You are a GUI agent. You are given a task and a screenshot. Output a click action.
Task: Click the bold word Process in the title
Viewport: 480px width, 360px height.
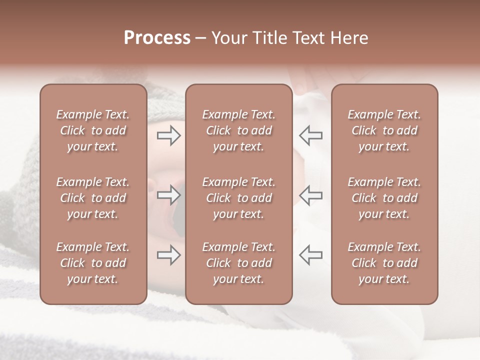(x=157, y=38)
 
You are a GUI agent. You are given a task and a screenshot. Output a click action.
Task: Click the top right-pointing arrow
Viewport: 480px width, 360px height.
(x=168, y=135)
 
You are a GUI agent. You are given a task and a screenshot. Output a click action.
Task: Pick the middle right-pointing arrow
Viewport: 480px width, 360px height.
(x=168, y=195)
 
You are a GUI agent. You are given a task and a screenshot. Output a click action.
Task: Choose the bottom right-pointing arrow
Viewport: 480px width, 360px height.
(x=168, y=255)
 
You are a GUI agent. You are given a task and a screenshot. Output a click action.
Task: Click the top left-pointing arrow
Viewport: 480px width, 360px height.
(x=311, y=135)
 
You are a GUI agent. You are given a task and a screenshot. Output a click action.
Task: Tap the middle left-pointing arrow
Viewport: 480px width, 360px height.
(x=311, y=195)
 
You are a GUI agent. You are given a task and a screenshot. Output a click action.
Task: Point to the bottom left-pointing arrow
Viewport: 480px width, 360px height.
(x=311, y=255)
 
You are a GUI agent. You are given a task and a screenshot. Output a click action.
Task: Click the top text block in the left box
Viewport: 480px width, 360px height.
(x=93, y=130)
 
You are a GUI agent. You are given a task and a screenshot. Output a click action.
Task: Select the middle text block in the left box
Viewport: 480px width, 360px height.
(x=93, y=198)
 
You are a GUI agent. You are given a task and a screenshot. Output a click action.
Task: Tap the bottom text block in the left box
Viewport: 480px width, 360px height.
(x=93, y=263)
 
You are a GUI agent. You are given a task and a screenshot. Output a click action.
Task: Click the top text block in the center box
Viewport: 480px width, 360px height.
(x=239, y=130)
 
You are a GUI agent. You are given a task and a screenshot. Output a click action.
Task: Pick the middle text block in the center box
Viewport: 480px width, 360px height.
(x=239, y=198)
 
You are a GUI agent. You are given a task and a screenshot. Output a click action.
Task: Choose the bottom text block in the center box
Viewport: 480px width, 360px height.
(x=239, y=263)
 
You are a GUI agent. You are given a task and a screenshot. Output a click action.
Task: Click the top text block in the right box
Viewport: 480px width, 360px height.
(x=384, y=130)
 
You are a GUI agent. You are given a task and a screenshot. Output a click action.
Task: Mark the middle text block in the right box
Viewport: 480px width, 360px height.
(x=384, y=198)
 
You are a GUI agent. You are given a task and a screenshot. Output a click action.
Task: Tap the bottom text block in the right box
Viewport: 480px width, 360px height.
(x=384, y=263)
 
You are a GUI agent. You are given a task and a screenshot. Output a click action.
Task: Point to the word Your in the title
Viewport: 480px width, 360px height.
(x=227, y=38)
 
